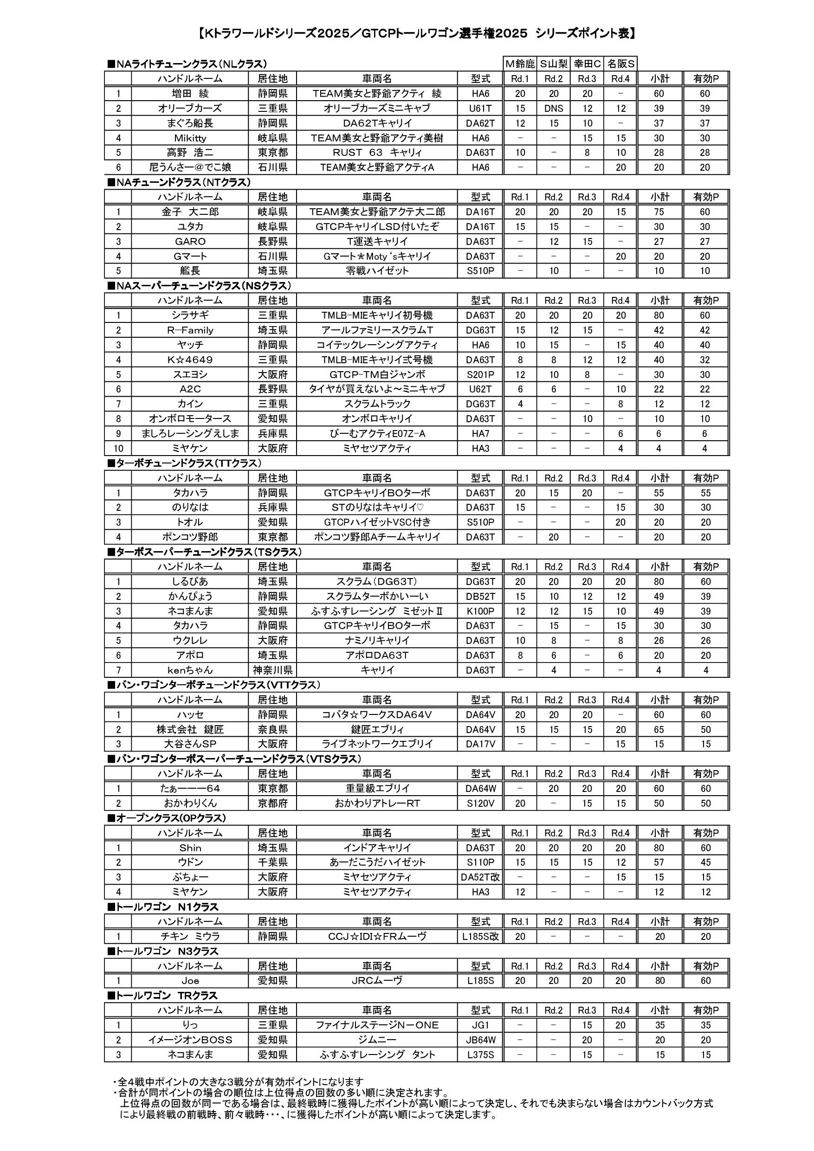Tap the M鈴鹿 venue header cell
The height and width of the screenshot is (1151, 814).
coord(520,64)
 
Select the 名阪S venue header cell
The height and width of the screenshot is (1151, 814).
coord(620,64)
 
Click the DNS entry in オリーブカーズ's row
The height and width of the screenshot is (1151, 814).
coord(553,108)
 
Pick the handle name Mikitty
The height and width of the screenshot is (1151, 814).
coord(190,138)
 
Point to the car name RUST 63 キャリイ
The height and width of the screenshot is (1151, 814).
coord(377,152)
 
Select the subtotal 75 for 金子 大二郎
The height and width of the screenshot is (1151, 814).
coord(659,212)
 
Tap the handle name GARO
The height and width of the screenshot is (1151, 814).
coord(190,241)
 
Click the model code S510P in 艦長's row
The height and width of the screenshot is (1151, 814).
coord(480,271)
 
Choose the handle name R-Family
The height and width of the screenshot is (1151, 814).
coord(190,330)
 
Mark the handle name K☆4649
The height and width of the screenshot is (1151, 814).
coord(190,360)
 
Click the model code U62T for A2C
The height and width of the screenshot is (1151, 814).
coord(480,389)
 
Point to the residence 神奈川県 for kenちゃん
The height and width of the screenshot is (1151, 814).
coord(272,670)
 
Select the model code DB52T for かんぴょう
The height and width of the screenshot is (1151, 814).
coord(480,596)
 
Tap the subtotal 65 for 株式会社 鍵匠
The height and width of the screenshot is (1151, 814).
coord(659,729)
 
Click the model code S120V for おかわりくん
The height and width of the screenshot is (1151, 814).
coord(480,803)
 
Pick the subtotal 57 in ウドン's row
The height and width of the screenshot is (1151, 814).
coord(659,862)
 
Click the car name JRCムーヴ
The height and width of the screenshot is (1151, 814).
coord(377,981)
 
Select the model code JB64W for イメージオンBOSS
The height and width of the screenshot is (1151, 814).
coord(480,1040)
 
